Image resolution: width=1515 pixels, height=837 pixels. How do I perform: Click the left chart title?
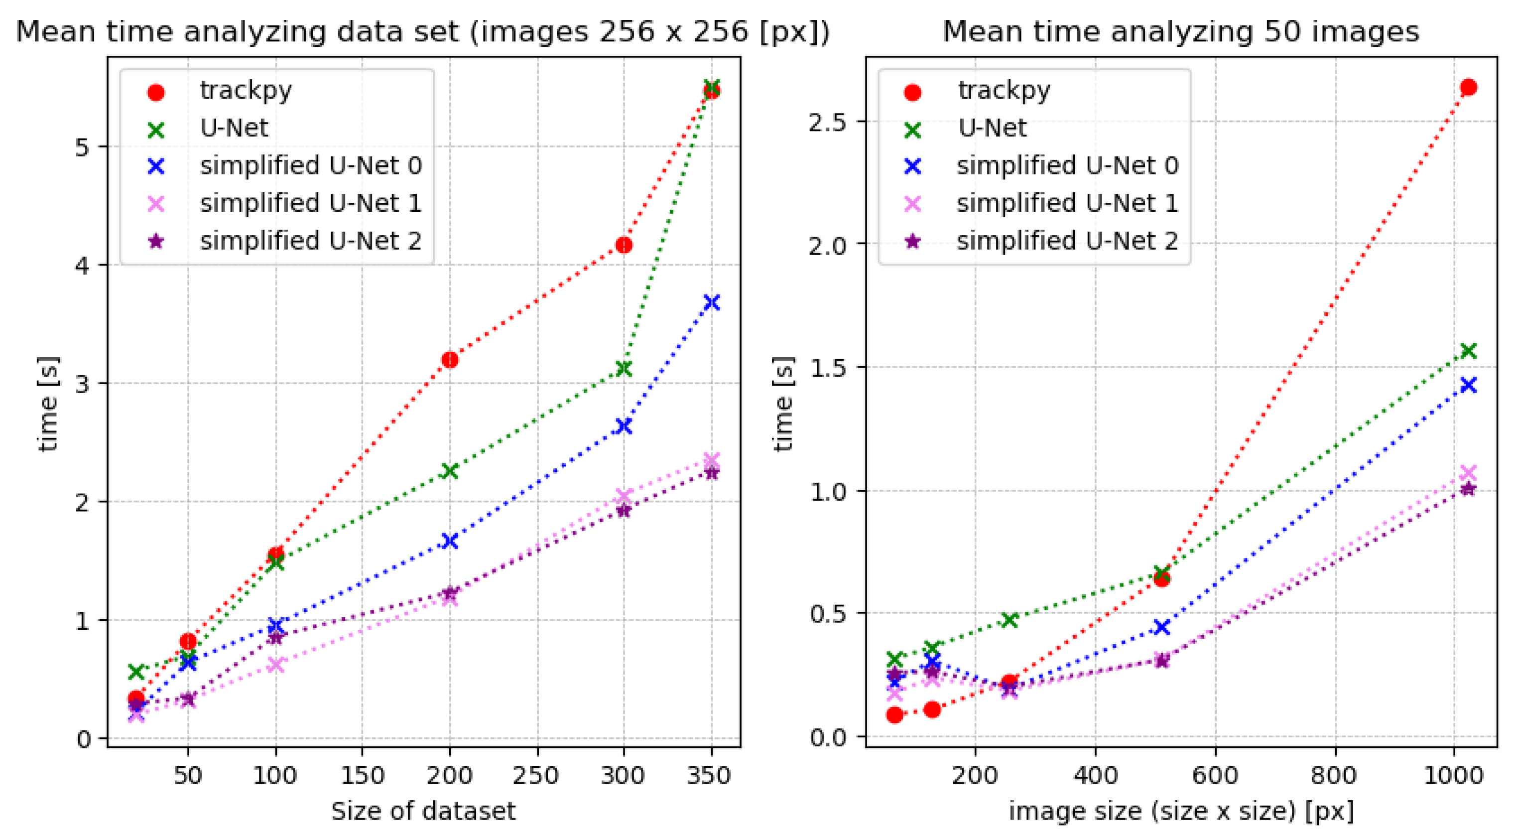pyautogui.click(x=422, y=32)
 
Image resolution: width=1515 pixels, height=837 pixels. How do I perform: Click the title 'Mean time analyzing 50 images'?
pyautogui.click(x=1181, y=32)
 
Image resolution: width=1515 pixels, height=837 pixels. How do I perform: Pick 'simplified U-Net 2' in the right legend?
pyautogui.click(x=1067, y=241)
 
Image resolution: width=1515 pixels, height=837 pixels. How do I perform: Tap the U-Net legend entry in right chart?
pyautogui.click(x=992, y=128)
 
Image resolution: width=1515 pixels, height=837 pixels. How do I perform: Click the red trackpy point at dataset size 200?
pyautogui.click(x=450, y=359)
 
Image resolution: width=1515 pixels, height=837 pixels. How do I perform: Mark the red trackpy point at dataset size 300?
pyautogui.click(x=624, y=245)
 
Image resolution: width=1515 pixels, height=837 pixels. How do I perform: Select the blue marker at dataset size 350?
pyautogui.click(x=712, y=303)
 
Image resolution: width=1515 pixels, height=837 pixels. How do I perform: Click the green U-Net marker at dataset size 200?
pyautogui.click(x=450, y=470)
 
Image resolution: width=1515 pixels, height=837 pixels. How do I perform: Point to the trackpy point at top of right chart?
pyautogui.click(x=1469, y=88)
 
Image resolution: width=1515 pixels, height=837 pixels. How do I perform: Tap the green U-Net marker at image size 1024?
pyautogui.click(x=1469, y=351)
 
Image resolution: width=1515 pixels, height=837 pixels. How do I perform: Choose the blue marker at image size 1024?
pyautogui.click(x=1469, y=385)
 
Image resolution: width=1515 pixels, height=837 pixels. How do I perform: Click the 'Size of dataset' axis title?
pyautogui.click(x=423, y=812)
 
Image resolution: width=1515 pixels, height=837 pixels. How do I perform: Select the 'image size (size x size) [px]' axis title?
pyautogui.click(x=1181, y=812)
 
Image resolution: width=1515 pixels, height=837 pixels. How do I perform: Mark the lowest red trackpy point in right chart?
pyautogui.click(x=895, y=714)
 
